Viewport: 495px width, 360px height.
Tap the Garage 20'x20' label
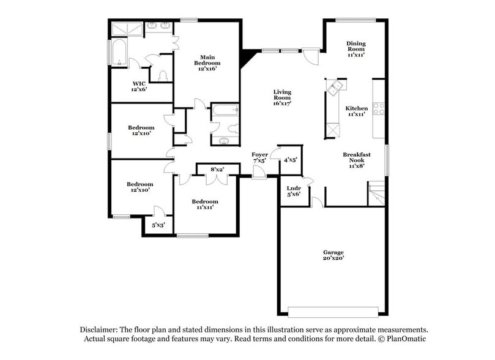click(333, 255)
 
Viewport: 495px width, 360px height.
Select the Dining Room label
click(355, 49)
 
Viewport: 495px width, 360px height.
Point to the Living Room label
click(281, 98)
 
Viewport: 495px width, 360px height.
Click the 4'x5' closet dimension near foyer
click(290, 160)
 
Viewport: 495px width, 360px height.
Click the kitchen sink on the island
click(334, 88)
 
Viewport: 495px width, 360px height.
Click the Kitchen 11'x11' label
click(356, 111)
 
